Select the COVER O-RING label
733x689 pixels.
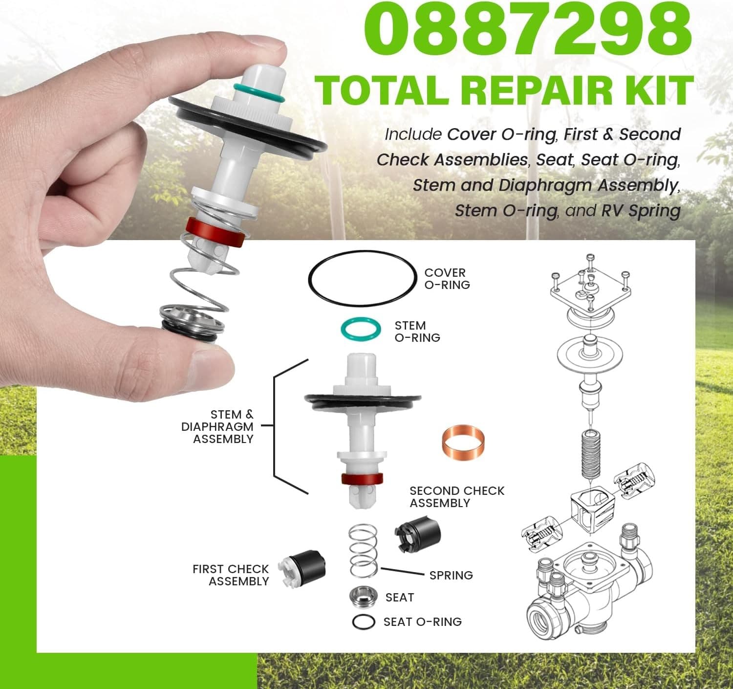point(447,279)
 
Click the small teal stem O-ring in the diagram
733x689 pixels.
point(360,329)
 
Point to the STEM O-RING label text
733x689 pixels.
point(417,332)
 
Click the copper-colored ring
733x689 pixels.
point(462,442)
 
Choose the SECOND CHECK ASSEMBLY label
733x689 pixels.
point(456,497)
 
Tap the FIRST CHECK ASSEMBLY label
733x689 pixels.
point(231,575)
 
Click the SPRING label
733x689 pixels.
point(451,576)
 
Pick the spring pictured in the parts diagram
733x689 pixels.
point(363,551)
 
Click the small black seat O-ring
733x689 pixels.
point(364,622)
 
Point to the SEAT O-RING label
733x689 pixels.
point(422,622)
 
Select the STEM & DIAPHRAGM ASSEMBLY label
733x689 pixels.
point(217,427)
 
